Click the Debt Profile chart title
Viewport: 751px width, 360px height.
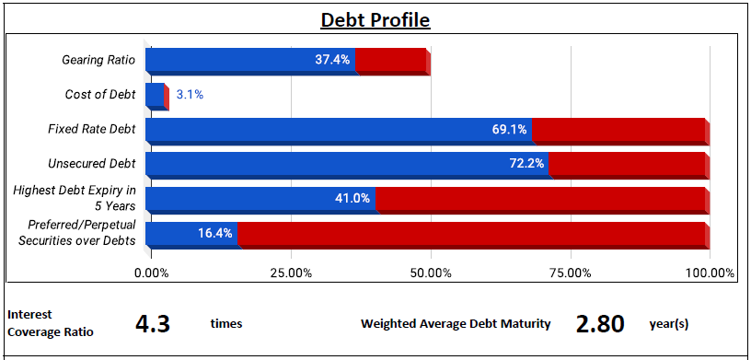[375, 20]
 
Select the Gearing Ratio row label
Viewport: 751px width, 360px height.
[98, 61]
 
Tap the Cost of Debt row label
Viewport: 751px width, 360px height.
[100, 95]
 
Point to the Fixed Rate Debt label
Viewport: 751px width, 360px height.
[92, 130]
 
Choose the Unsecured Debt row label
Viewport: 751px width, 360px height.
[92, 164]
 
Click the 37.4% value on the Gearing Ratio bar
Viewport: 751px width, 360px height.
[332, 60]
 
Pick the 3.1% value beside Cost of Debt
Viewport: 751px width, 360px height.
[190, 95]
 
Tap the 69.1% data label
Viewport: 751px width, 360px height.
[509, 130]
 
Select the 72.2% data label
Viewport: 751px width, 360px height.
[526, 164]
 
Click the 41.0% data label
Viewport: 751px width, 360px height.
[352, 199]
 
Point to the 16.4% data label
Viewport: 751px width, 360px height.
[215, 234]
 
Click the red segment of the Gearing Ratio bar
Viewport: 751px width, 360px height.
[391, 60]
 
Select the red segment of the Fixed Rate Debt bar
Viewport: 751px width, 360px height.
[618, 130]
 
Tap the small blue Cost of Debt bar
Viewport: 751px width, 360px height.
[155, 95]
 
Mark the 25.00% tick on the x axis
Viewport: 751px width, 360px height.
[291, 273]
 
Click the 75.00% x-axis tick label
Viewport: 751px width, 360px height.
[570, 273]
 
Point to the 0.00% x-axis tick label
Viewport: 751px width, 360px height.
[151, 273]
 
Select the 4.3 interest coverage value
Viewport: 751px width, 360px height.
[153, 324]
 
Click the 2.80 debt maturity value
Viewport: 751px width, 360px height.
[600, 324]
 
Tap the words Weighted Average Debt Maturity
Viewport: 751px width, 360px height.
[456, 324]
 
